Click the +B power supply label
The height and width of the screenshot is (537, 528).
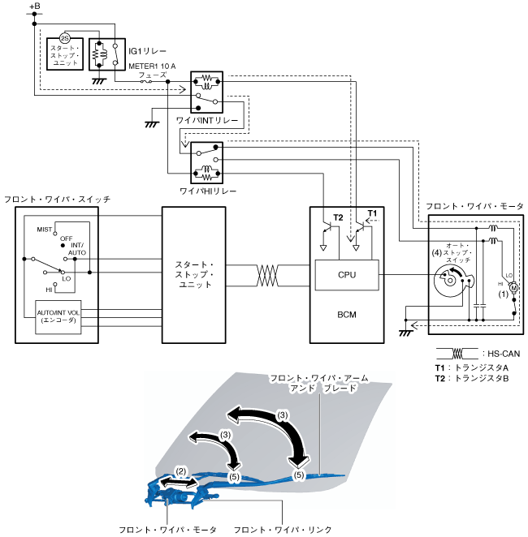click(35, 6)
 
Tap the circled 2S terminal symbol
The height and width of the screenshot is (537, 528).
click(64, 38)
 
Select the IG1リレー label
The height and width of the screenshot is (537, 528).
click(147, 51)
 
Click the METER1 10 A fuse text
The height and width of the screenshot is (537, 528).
click(152, 66)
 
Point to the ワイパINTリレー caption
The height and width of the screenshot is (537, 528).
click(207, 121)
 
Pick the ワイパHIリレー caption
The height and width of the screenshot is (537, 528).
click(208, 191)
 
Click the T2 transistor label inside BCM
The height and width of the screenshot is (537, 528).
click(338, 217)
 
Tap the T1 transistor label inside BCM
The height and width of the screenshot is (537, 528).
click(372, 213)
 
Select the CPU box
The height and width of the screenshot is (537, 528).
click(347, 275)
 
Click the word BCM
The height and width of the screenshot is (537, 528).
click(347, 315)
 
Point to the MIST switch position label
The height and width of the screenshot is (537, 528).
click(44, 230)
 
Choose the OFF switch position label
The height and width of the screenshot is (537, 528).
click(66, 238)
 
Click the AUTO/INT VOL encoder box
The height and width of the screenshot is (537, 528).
click(58, 317)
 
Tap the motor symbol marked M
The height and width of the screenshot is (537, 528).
click(513, 288)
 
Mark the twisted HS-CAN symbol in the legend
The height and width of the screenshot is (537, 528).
click(457, 354)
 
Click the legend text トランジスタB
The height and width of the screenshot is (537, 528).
click(482, 379)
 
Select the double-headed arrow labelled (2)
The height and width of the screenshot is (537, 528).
click(179, 482)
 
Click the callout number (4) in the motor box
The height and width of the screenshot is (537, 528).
click(436, 253)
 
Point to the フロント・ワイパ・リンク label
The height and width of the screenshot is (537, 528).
click(283, 530)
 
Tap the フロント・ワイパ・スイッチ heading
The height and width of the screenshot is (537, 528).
click(57, 200)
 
